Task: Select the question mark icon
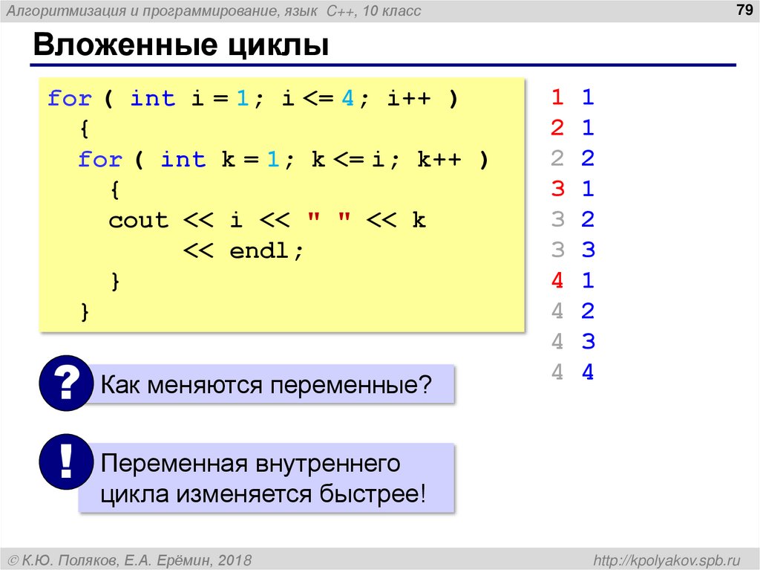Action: tap(65, 383)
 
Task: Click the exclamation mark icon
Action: tap(65, 464)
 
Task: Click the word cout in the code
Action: tap(139, 221)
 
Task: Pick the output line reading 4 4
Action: tap(572, 372)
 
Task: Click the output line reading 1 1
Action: tap(572, 97)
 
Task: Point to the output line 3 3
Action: tap(572, 250)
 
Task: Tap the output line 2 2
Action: tap(572, 158)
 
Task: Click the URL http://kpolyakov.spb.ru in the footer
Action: tap(662, 559)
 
